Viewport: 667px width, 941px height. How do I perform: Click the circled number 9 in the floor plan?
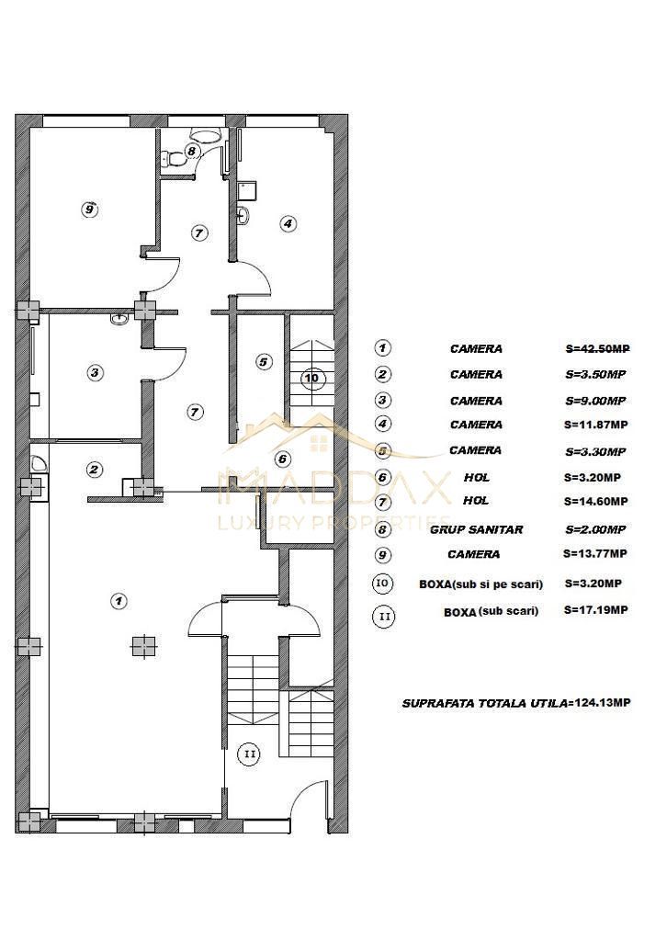pyautogui.click(x=88, y=209)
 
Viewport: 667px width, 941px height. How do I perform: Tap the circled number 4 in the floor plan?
pyautogui.click(x=288, y=222)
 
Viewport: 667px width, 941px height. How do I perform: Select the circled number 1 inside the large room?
pyautogui.click(x=118, y=600)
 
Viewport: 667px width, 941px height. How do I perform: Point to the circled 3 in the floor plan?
pyautogui.click(x=95, y=372)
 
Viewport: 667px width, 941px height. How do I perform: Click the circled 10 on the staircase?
pyautogui.click(x=312, y=378)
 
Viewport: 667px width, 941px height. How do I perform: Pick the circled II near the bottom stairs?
pyautogui.click(x=249, y=754)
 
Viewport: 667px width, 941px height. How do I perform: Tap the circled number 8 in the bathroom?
pyautogui.click(x=191, y=151)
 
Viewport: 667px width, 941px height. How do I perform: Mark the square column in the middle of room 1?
pyautogui.click(x=139, y=646)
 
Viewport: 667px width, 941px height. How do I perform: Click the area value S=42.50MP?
pyautogui.click(x=595, y=348)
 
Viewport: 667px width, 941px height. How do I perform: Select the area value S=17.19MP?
pyautogui.click(x=595, y=610)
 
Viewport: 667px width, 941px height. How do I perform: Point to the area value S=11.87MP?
pyautogui.click(x=595, y=425)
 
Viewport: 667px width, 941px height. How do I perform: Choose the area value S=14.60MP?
pyautogui.click(x=595, y=502)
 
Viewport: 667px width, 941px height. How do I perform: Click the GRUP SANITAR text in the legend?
pyautogui.click(x=476, y=529)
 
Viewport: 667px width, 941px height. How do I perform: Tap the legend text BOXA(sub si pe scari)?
pyautogui.click(x=480, y=584)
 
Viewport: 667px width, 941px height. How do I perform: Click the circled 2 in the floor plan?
pyautogui.click(x=94, y=470)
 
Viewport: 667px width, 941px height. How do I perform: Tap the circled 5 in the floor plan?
pyautogui.click(x=263, y=362)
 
